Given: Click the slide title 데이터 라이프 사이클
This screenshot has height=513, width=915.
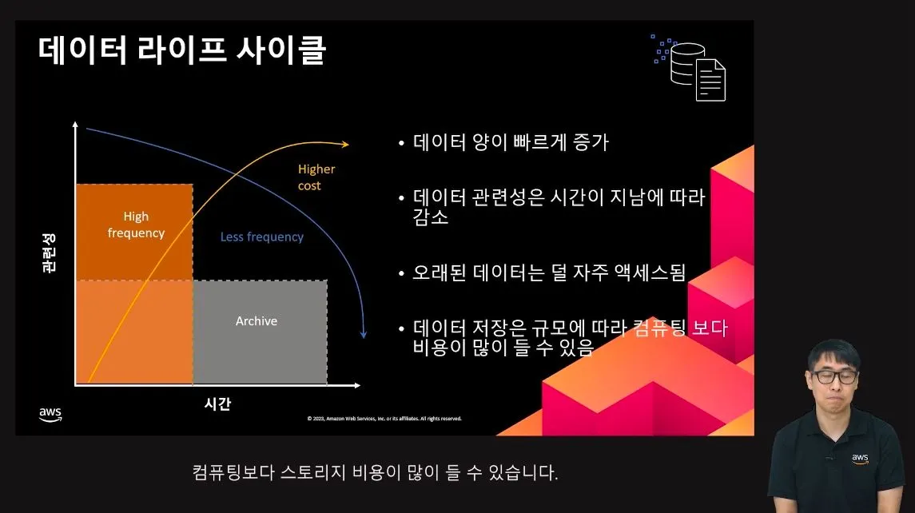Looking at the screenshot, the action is [182, 50].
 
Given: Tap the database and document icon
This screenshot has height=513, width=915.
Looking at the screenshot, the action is [689, 68].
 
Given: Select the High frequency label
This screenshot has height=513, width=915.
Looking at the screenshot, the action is [136, 225].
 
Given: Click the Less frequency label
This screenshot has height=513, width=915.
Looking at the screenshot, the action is [262, 237].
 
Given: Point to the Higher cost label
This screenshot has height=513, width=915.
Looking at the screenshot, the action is [316, 177].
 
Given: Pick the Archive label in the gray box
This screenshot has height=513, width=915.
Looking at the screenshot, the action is [257, 321].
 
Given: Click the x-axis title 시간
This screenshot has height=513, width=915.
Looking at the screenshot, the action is [217, 404].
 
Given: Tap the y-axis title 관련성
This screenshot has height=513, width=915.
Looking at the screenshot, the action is [49, 253].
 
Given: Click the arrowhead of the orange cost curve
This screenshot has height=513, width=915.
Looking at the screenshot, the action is [345, 144].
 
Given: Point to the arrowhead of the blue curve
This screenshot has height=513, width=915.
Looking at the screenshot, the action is [364, 335].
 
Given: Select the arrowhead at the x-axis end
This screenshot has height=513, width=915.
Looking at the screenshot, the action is [356, 385].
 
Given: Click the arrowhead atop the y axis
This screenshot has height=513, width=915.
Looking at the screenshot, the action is [75, 125].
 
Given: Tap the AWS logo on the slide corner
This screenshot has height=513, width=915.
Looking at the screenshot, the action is [50, 414].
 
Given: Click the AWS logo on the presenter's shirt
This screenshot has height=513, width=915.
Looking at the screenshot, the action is [860, 459].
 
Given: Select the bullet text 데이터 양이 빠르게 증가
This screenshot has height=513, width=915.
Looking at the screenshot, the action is [511, 141].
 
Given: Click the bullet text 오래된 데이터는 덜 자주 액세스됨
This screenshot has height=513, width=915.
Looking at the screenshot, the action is [548, 272].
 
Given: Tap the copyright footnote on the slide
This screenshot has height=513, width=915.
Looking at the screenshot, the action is [384, 419].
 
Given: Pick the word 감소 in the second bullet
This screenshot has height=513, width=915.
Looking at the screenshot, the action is [431, 217].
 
